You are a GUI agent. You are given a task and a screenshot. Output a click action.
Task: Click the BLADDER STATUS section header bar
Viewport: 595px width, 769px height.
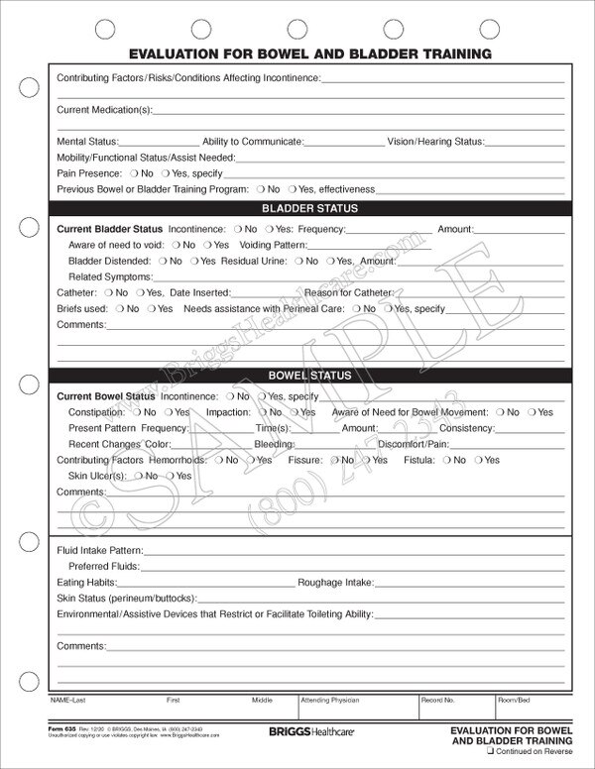[x=309, y=209]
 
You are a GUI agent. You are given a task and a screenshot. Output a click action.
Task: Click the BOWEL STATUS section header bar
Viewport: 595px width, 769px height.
[x=309, y=377]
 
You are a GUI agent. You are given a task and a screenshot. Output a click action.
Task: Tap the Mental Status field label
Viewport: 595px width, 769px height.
[x=87, y=142]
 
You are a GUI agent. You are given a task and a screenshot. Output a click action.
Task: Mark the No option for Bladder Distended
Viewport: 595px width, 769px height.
[x=163, y=261]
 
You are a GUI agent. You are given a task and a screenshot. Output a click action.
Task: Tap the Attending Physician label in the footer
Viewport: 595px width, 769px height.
[x=322, y=700]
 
